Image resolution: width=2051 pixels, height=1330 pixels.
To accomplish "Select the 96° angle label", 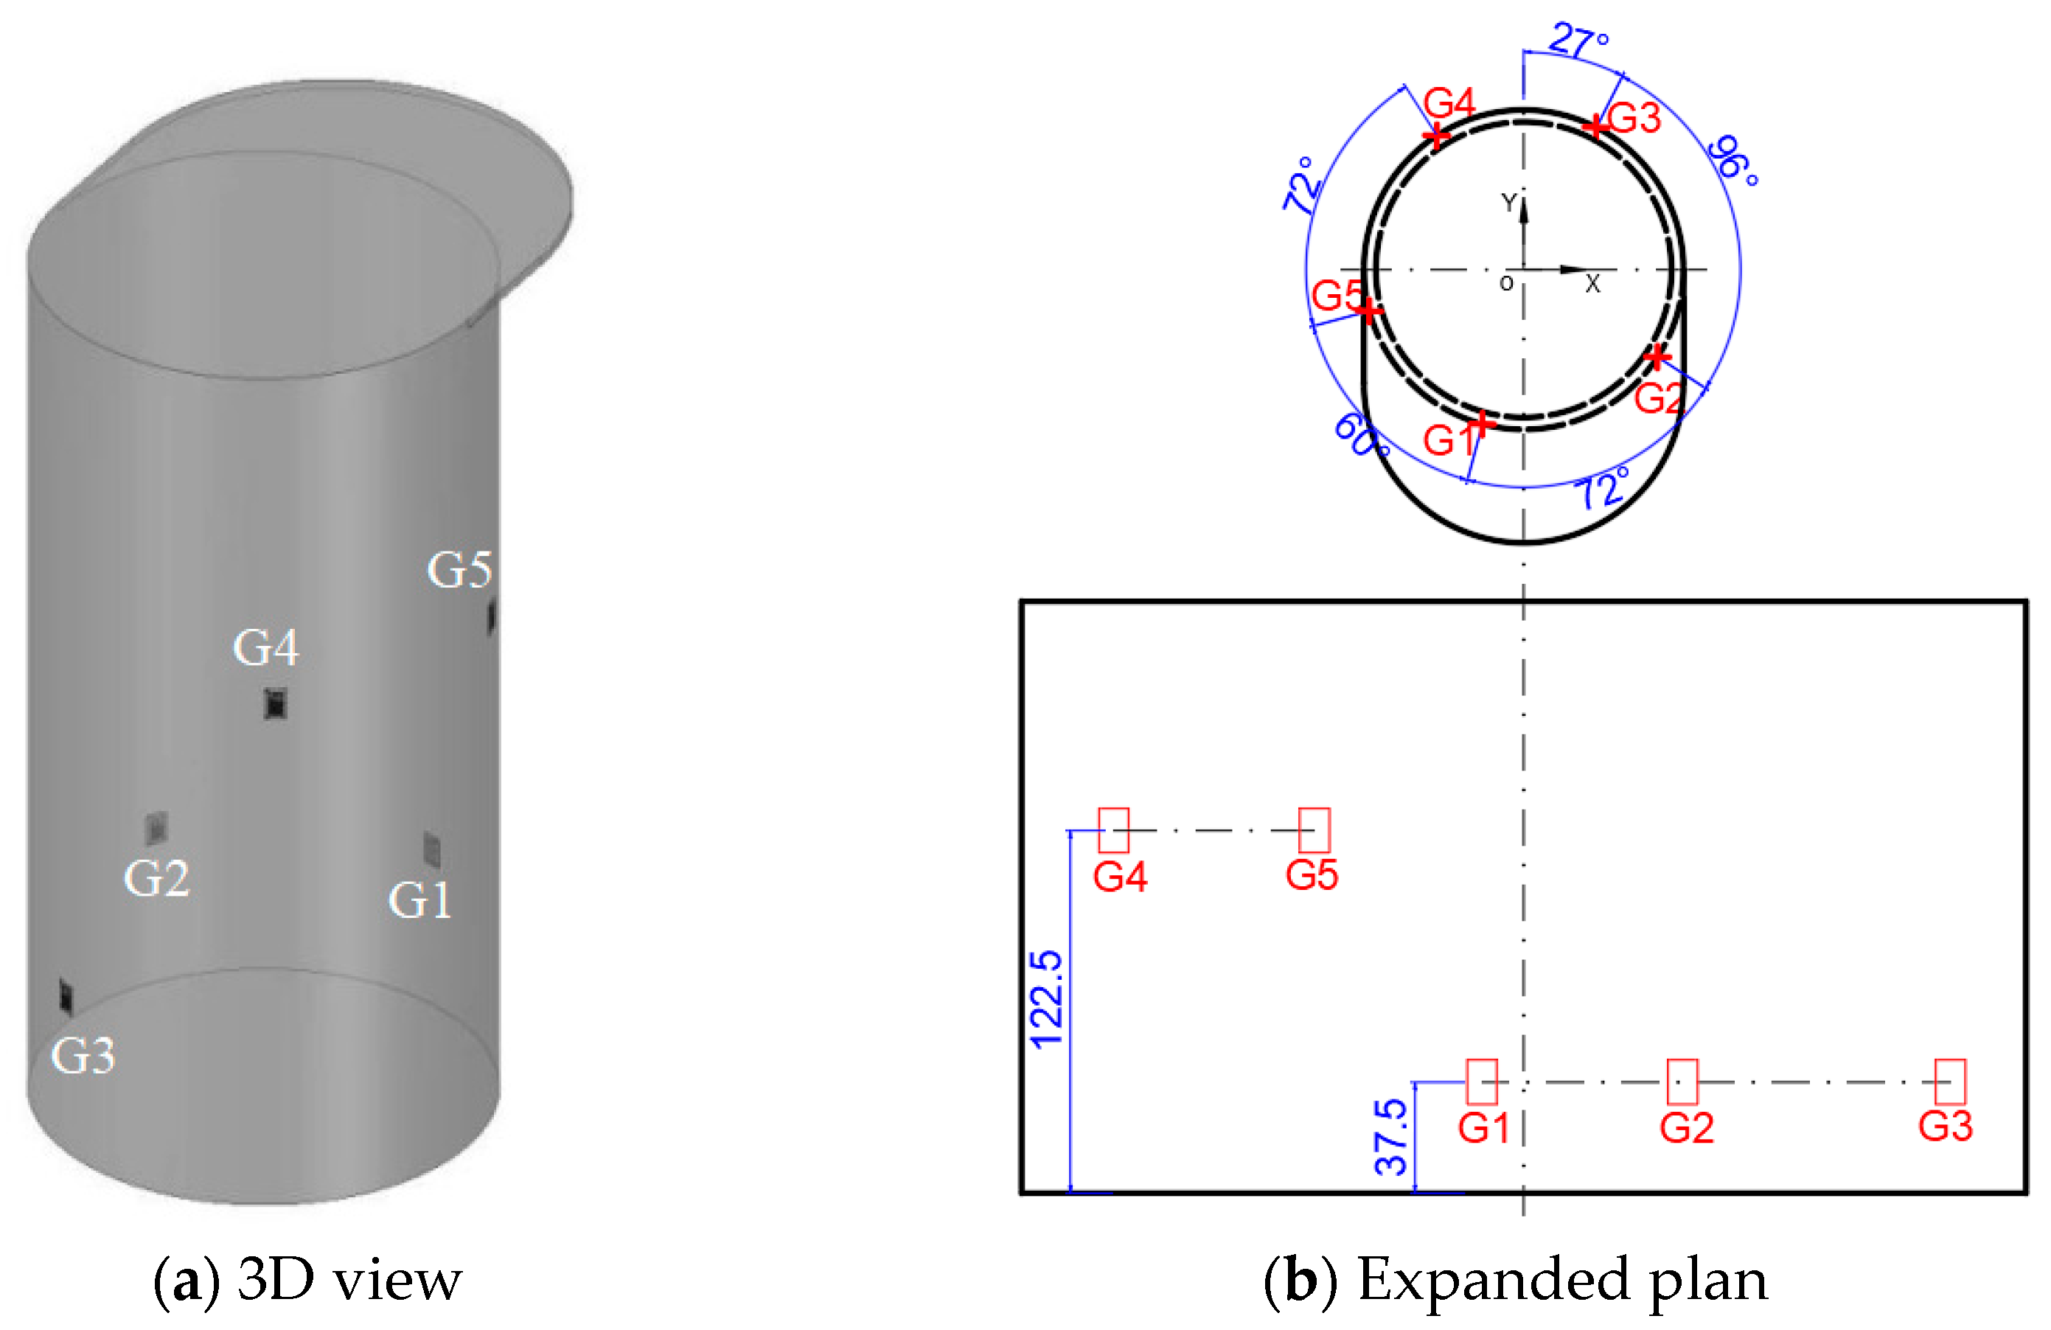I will [1733, 160].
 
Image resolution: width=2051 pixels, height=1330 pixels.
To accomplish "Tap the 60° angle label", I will [1361, 435].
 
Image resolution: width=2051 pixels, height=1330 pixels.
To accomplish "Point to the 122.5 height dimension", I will [1046, 1000].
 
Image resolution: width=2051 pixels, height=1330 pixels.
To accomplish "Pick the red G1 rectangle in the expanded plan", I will [1481, 1082].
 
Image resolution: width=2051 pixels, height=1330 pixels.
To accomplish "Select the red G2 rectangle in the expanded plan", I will [1682, 1082].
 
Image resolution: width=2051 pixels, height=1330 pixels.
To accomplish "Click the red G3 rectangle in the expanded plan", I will [1949, 1082].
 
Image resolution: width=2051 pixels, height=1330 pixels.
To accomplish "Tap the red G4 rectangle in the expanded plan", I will [1113, 830].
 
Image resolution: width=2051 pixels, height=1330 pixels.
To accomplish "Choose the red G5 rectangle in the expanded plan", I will [1313, 830].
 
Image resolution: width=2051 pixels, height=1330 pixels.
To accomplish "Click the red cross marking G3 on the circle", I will [1596, 127].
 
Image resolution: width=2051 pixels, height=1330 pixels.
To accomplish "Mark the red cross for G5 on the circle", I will [1369, 310].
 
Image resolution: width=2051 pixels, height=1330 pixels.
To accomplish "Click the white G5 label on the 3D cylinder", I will [459, 570].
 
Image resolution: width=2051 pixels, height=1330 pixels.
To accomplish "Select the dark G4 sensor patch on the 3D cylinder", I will [275, 704].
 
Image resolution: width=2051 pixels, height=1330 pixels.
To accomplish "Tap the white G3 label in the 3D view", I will [83, 1055].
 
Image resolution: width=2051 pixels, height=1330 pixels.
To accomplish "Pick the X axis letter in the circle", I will [1592, 285].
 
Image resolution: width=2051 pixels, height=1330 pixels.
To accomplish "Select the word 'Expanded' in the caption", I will [1493, 1280].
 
